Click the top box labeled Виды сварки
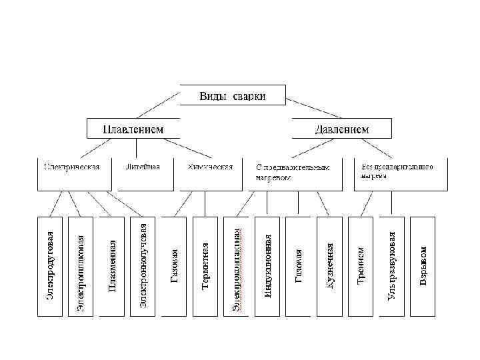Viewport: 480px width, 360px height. click(x=233, y=95)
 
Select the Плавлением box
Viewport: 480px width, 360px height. click(x=133, y=128)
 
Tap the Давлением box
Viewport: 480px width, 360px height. click(x=341, y=128)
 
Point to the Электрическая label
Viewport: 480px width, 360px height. click(x=71, y=167)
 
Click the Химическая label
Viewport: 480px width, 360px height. click(x=210, y=167)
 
